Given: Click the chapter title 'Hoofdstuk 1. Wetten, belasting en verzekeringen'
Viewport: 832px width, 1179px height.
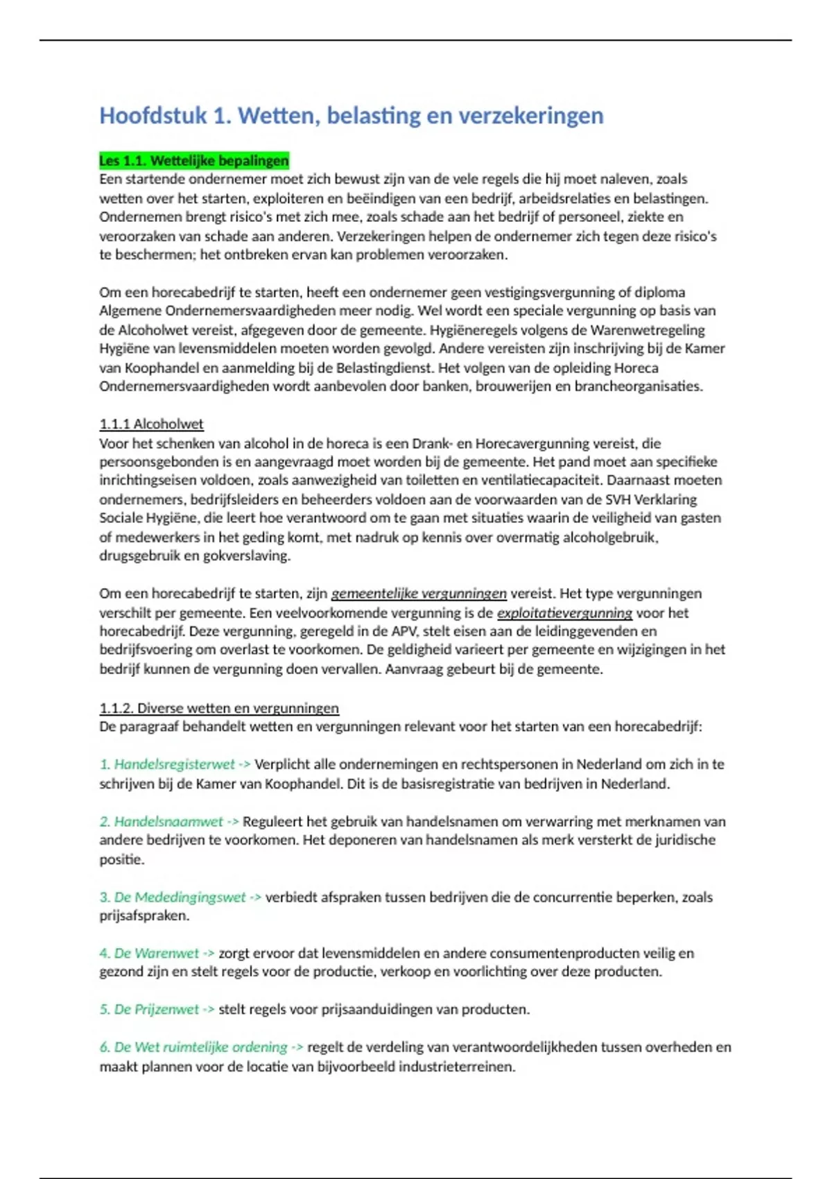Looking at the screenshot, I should [351, 115].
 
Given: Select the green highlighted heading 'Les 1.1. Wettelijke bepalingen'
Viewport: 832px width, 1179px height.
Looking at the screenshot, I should [193, 161].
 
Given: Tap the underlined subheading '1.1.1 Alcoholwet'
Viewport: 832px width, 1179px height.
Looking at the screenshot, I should [151, 424].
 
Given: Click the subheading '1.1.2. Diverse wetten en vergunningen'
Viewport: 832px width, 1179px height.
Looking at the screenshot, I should [219, 708].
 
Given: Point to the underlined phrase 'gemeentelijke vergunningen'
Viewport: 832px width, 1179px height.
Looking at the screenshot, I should [419, 594].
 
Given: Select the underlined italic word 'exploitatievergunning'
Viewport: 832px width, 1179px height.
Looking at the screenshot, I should [564, 613].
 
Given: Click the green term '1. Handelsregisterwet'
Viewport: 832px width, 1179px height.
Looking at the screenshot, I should [167, 764].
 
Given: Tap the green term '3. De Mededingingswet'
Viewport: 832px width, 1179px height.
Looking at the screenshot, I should [173, 897].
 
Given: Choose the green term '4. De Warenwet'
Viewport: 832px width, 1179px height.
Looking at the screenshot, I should [149, 954].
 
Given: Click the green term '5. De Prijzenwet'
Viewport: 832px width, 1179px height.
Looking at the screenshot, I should [149, 1010].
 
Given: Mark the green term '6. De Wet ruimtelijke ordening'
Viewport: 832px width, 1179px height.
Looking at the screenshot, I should [193, 1047].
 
